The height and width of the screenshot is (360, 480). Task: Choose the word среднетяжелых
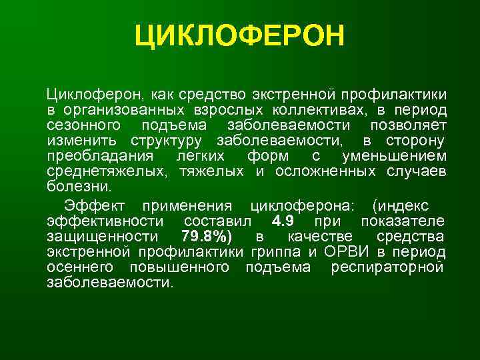[108, 171]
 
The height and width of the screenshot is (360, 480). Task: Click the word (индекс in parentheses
[403, 206]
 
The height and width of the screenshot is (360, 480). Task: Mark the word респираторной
[396, 267]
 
